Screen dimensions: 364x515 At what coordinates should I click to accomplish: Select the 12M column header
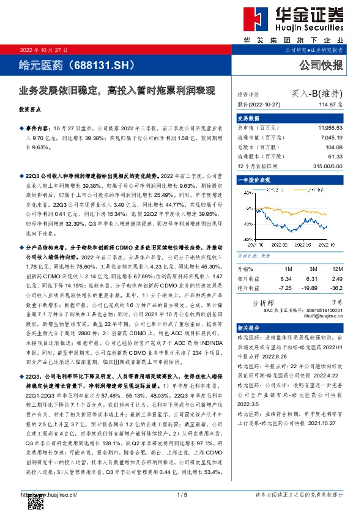(x=337, y=269)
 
